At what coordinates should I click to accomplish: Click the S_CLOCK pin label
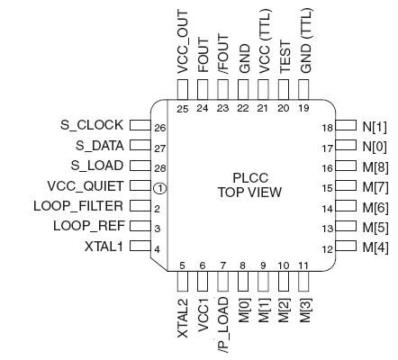(88, 125)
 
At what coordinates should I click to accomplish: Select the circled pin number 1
(159, 187)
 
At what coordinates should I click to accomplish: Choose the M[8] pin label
(374, 166)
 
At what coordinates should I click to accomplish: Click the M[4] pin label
(374, 247)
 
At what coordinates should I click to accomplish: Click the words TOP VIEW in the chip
(249, 193)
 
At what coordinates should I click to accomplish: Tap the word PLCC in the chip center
(249, 178)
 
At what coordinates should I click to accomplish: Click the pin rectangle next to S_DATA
(139, 145)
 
